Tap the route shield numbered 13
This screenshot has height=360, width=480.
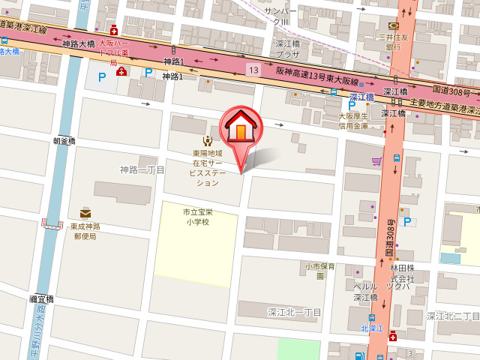tap(255, 70)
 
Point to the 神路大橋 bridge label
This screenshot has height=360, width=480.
tap(78, 44)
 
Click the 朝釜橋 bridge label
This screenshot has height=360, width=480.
tap(64, 140)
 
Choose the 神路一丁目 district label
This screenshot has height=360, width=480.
tap(142, 170)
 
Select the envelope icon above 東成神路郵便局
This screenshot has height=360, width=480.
tap(85, 214)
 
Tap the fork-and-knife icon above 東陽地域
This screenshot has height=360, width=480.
tap(206, 139)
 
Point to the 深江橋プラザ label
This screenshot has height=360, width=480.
tap(287, 49)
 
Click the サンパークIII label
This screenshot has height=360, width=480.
tap(282, 16)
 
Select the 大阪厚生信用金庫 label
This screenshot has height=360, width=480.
tap(352, 121)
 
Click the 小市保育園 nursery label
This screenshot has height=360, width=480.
tap(320, 271)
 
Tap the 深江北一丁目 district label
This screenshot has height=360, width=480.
tap(294, 311)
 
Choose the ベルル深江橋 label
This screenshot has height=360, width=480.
tap(364, 292)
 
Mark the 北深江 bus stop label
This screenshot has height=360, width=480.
tap(372, 328)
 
